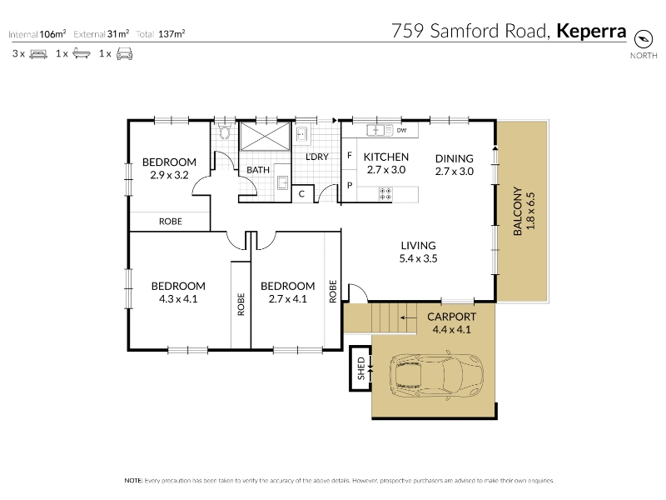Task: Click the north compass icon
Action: pyautogui.click(x=643, y=39)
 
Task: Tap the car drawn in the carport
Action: pyautogui.click(x=436, y=375)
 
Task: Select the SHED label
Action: pyautogui.click(x=361, y=368)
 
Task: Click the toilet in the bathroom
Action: pyautogui.click(x=224, y=132)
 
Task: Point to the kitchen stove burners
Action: pyautogui.click(x=385, y=194)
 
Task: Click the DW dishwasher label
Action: pyautogui.click(x=401, y=130)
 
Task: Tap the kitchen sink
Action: pyautogui.click(x=380, y=130)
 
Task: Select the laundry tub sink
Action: pyautogui.click(x=302, y=134)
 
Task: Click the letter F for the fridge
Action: pyautogui.click(x=350, y=155)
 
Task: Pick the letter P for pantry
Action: pyautogui.click(x=350, y=185)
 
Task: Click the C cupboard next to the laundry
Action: pyautogui.click(x=301, y=194)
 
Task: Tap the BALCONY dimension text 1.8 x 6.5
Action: pyautogui.click(x=530, y=211)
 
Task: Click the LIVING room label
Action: pyautogui.click(x=419, y=245)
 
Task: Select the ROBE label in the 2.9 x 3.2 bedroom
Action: pyautogui.click(x=171, y=222)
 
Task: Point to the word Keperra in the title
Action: pyautogui.click(x=591, y=31)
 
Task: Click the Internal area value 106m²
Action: pyautogui.click(x=52, y=34)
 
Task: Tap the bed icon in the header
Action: pyautogui.click(x=38, y=54)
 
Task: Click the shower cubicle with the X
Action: pyautogui.click(x=265, y=136)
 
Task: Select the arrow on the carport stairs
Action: pyautogui.click(x=408, y=317)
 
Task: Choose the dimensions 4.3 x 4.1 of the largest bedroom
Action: pyautogui.click(x=178, y=299)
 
